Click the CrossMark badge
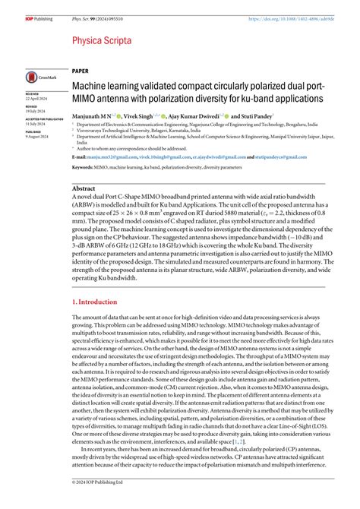39,77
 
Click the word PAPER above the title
81,70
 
